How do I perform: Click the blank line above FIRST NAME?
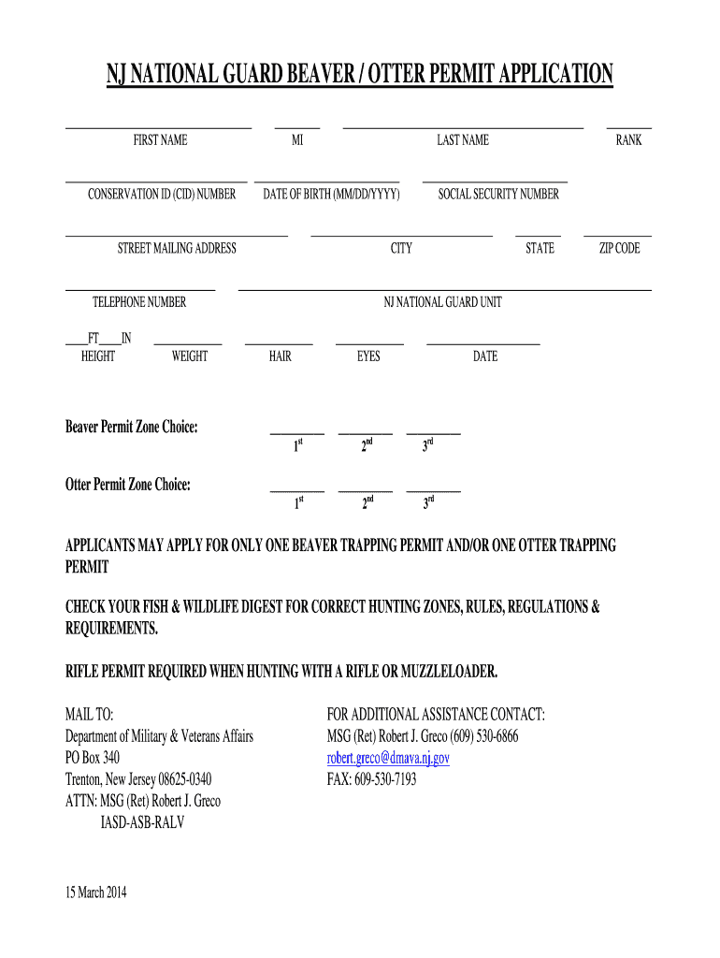tap(158, 126)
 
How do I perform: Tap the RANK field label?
tap(628, 140)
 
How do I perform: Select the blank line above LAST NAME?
tap(463, 126)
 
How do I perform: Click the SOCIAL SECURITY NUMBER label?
tap(498, 195)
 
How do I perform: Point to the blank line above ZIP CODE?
tap(618, 235)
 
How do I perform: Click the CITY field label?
tap(401, 249)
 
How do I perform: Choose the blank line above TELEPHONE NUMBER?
tap(140, 289)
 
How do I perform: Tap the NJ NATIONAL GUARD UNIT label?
tap(442, 302)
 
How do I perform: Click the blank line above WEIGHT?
tap(188, 343)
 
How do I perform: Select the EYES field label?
tap(368, 356)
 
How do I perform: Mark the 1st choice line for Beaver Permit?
tap(297, 433)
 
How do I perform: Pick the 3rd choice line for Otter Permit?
tap(433, 490)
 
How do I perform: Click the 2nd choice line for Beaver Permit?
tap(366, 433)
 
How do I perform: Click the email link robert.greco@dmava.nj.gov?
tap(388, 758)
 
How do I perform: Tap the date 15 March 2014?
tap(95, 892)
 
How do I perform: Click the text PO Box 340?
tap(92, 758)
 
